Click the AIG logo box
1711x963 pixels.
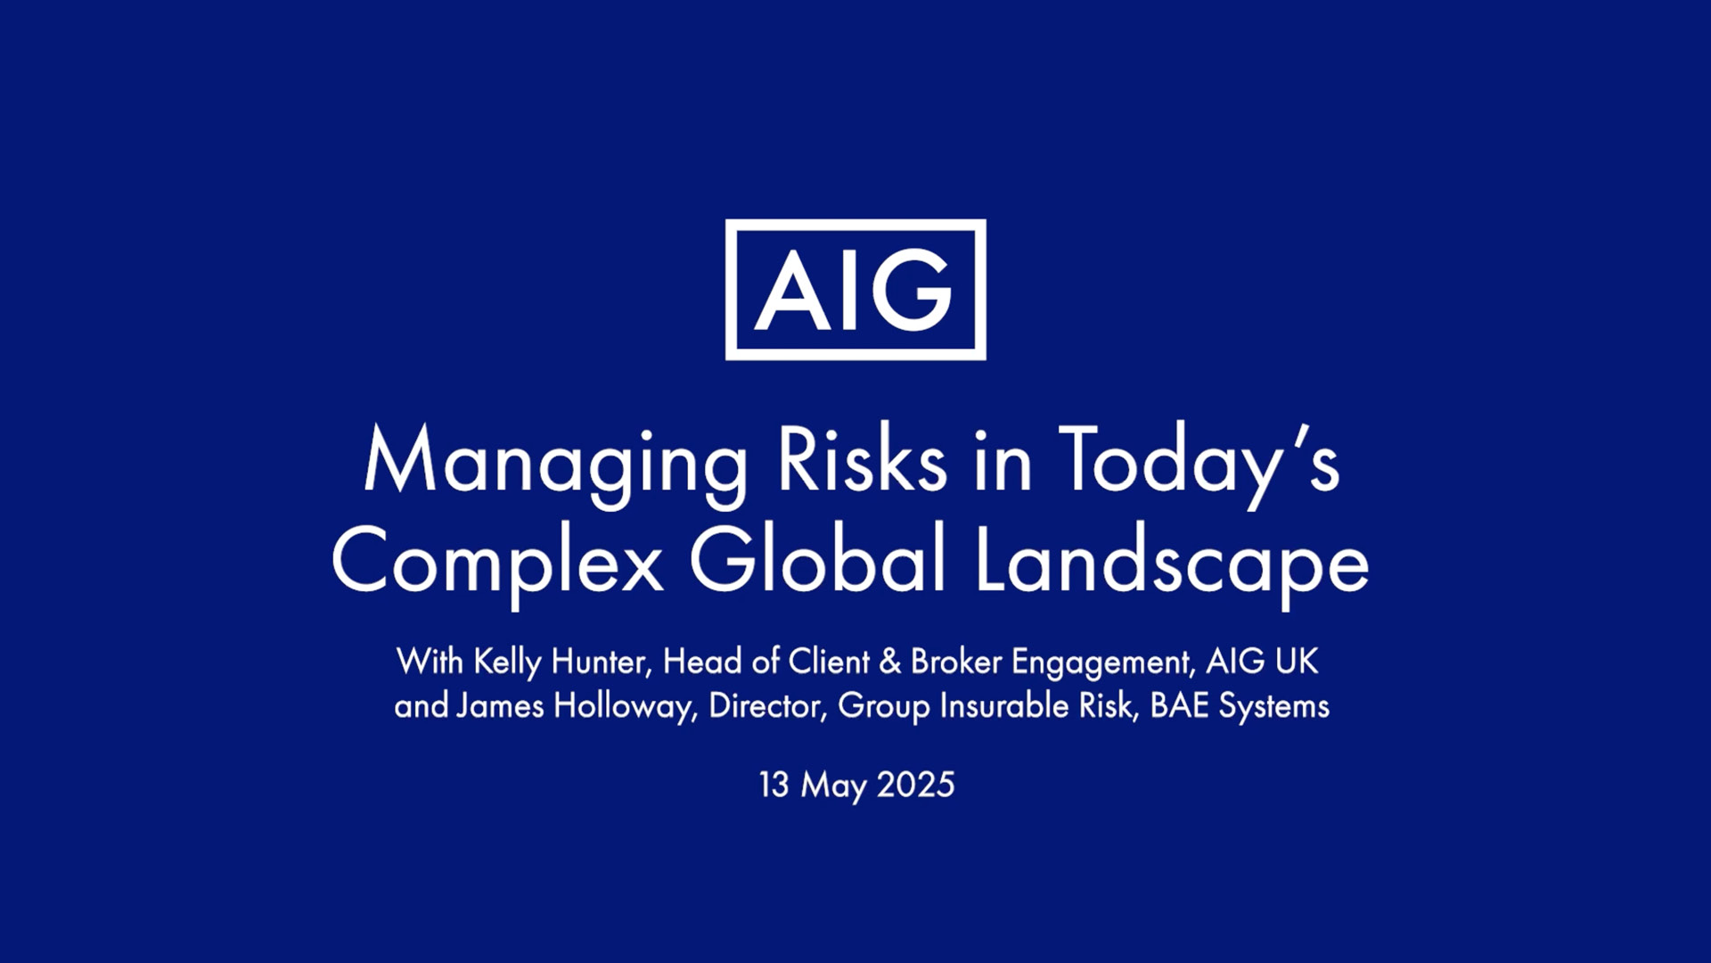pyautogui.click(x=855, y=225)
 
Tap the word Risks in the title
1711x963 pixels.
pyautogui.click(x=862, y=458)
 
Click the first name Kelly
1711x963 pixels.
pyautogui.click(x=507, y=663)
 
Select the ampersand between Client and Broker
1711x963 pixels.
pyautogui.click(x=889, y=662)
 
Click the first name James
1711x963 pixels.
pyautogui.click(x=500, y=706)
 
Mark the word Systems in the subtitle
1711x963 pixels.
pyautogui.click(x=1274, y=708)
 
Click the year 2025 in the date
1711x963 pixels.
pyautogui.click(x=916, y=785)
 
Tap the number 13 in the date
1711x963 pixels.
pyautogui.click(x=774, y=785)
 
